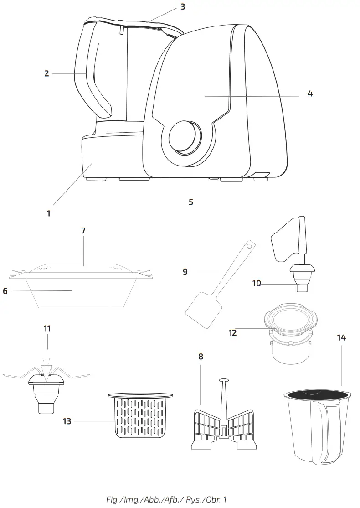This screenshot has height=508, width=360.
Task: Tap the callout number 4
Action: pos(310,94)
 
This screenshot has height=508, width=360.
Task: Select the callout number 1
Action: pos(49,213)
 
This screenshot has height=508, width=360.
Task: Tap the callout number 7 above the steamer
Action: pos(83,231)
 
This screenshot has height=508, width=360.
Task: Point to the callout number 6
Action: pos(5,290)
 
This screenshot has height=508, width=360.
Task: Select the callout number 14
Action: pos(341,337)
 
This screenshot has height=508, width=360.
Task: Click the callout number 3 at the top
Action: pos(182,7)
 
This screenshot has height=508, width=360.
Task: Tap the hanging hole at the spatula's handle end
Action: pos(249,245)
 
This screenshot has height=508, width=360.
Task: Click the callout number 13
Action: pos(67,421)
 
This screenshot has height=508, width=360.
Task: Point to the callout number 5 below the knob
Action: pos(191,202)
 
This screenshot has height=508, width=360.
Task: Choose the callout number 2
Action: pos(46,73)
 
